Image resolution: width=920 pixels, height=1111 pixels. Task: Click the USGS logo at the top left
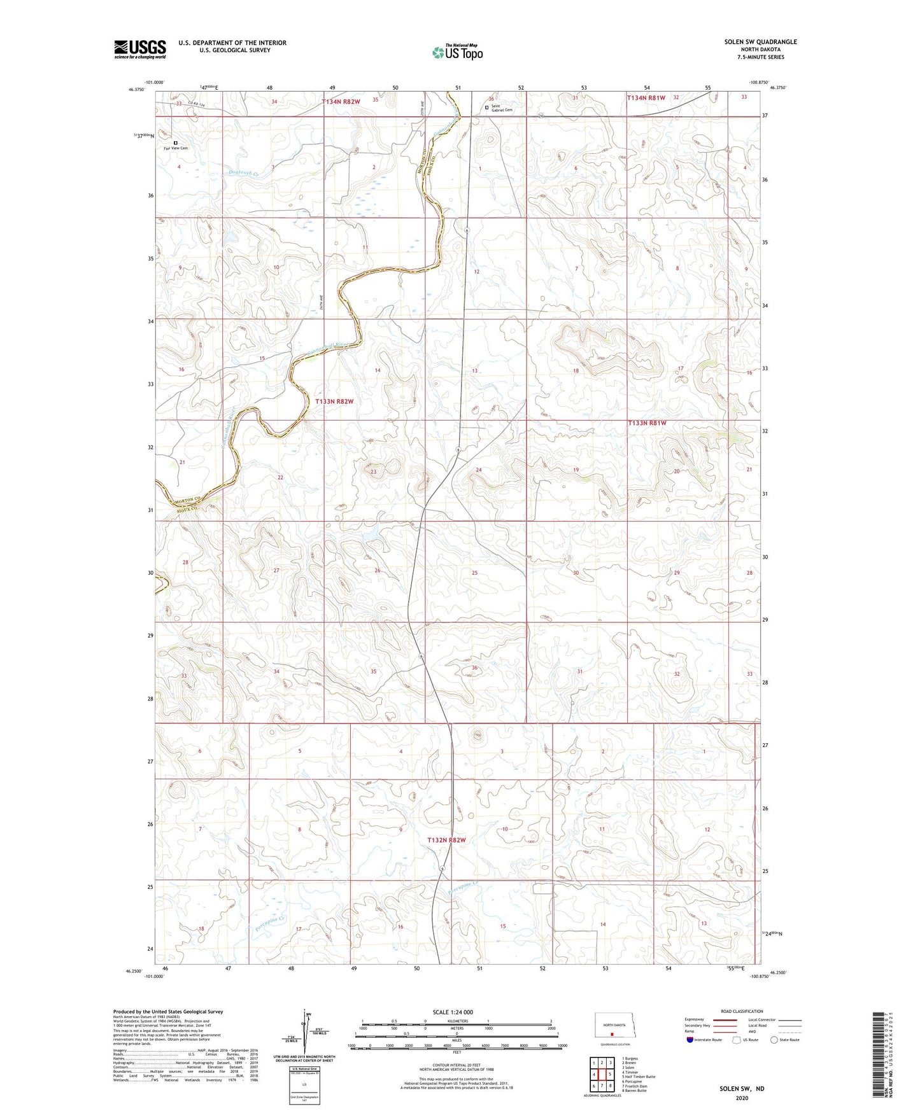coord(139,49)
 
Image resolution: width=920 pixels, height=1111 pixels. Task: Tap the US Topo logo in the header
coord(456,53)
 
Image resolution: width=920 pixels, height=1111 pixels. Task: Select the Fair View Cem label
coord(176,148)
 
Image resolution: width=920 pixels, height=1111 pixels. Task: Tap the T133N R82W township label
coord(334,402)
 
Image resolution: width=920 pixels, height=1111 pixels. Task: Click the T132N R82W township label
coord(447,840)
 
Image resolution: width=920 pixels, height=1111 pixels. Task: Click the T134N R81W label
coord(646,98)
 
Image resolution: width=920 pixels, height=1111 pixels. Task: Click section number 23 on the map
coord(374,472)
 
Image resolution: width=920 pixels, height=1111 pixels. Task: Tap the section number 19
coord(576,470)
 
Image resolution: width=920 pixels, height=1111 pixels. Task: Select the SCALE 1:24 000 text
coord(453,1012)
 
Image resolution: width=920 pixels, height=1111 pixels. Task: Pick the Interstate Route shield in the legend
coord(691,1040)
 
